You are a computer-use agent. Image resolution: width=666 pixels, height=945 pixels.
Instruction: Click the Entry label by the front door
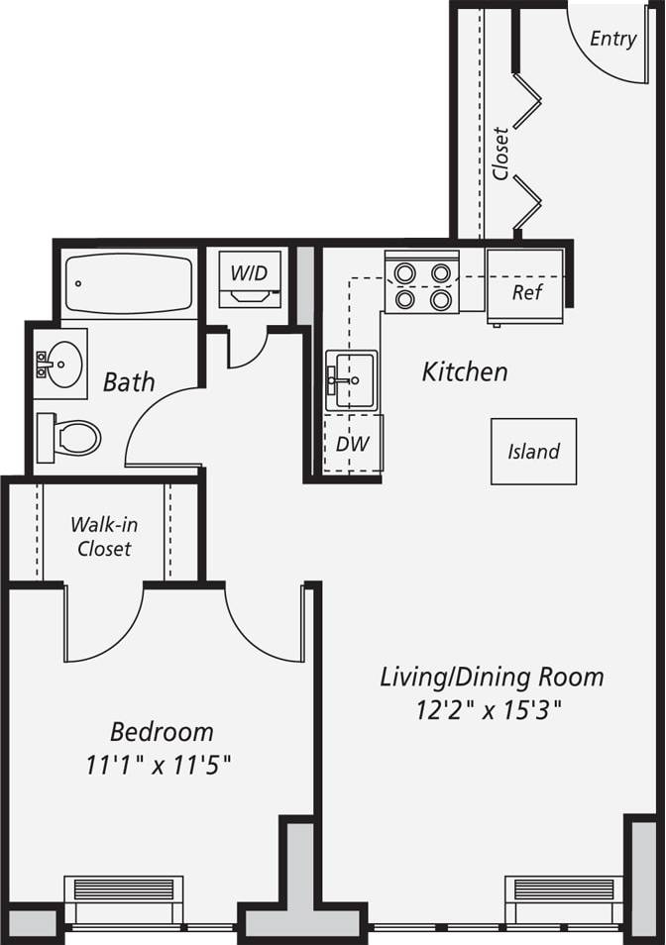tap(612, 39)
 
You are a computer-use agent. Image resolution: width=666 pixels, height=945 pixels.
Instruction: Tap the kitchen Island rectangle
tap(533, 452)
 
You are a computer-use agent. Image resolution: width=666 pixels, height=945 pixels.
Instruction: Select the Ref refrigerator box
tap(525, 292)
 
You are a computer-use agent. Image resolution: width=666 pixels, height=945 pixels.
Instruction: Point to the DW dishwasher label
tap(352, 444)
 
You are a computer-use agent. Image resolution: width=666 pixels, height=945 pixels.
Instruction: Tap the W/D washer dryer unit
tap(250, 278)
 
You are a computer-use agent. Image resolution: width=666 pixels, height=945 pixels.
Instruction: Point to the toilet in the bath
tap(71, 437)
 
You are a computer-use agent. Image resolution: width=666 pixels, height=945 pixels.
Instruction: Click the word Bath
tap(129, 381)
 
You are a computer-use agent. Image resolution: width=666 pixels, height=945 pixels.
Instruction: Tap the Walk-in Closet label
tap(103, 536)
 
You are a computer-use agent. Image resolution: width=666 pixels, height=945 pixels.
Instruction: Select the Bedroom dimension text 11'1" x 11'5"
tap(163, 765)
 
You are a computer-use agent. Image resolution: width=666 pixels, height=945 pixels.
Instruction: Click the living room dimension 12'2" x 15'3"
tap(492, 710)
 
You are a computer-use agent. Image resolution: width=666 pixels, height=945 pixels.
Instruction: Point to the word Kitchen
tap(465, 372)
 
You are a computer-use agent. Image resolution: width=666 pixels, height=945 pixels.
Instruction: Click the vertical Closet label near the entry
tap(500, 154)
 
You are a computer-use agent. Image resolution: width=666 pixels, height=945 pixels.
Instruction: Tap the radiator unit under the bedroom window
tap(124, 890)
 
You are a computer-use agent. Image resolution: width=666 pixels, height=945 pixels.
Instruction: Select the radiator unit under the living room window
tap(564, 890)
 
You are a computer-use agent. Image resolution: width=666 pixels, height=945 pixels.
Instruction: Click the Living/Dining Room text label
tap(492, 678)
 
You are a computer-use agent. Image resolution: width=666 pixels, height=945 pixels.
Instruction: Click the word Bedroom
tap(162, 732)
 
